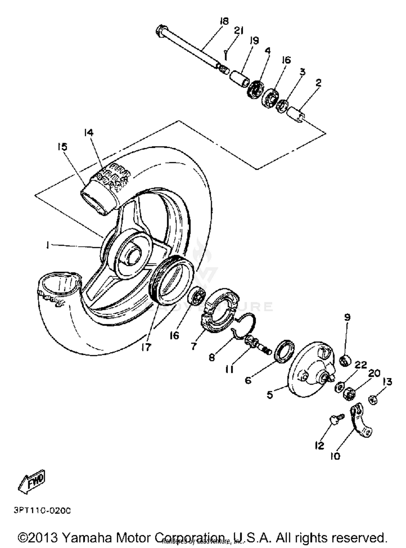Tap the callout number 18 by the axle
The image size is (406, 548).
[x=224, y=21]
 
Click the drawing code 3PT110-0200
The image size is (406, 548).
[x=42, y=511]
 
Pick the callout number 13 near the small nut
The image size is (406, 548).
[x=387, y=382]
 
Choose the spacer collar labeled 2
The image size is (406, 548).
[x=296, y=115]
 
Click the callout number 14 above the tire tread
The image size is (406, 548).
[x=89, y=133]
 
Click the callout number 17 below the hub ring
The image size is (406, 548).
[x=146, y=347]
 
